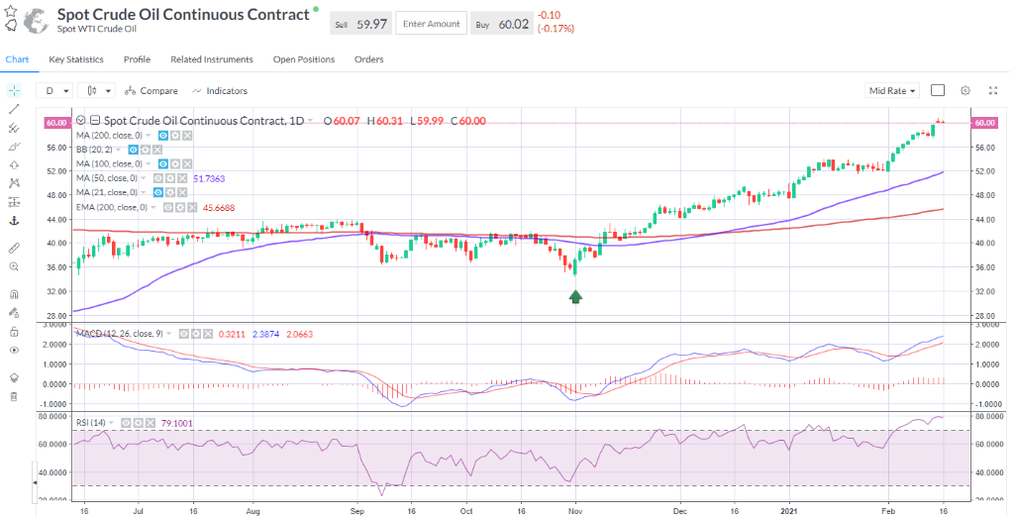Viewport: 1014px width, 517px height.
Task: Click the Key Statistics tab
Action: (x=76, y=59)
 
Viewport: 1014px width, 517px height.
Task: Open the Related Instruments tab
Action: (x=211, y=59)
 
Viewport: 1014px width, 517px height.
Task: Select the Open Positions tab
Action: (x=303, y=59)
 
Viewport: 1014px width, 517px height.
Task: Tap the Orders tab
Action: (x=368, y=59)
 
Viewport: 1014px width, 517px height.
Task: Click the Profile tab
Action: (x=137, y=59)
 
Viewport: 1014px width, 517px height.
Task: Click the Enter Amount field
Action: (x=431, y=24)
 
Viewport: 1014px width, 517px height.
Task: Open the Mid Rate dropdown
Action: (x=892, y=91)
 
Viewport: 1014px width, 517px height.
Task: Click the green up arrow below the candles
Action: (x=575, y=296)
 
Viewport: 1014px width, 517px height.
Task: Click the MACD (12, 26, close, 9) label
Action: (x=118, y=334)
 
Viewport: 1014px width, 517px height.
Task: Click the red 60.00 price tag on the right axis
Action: (x=984, y=123)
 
